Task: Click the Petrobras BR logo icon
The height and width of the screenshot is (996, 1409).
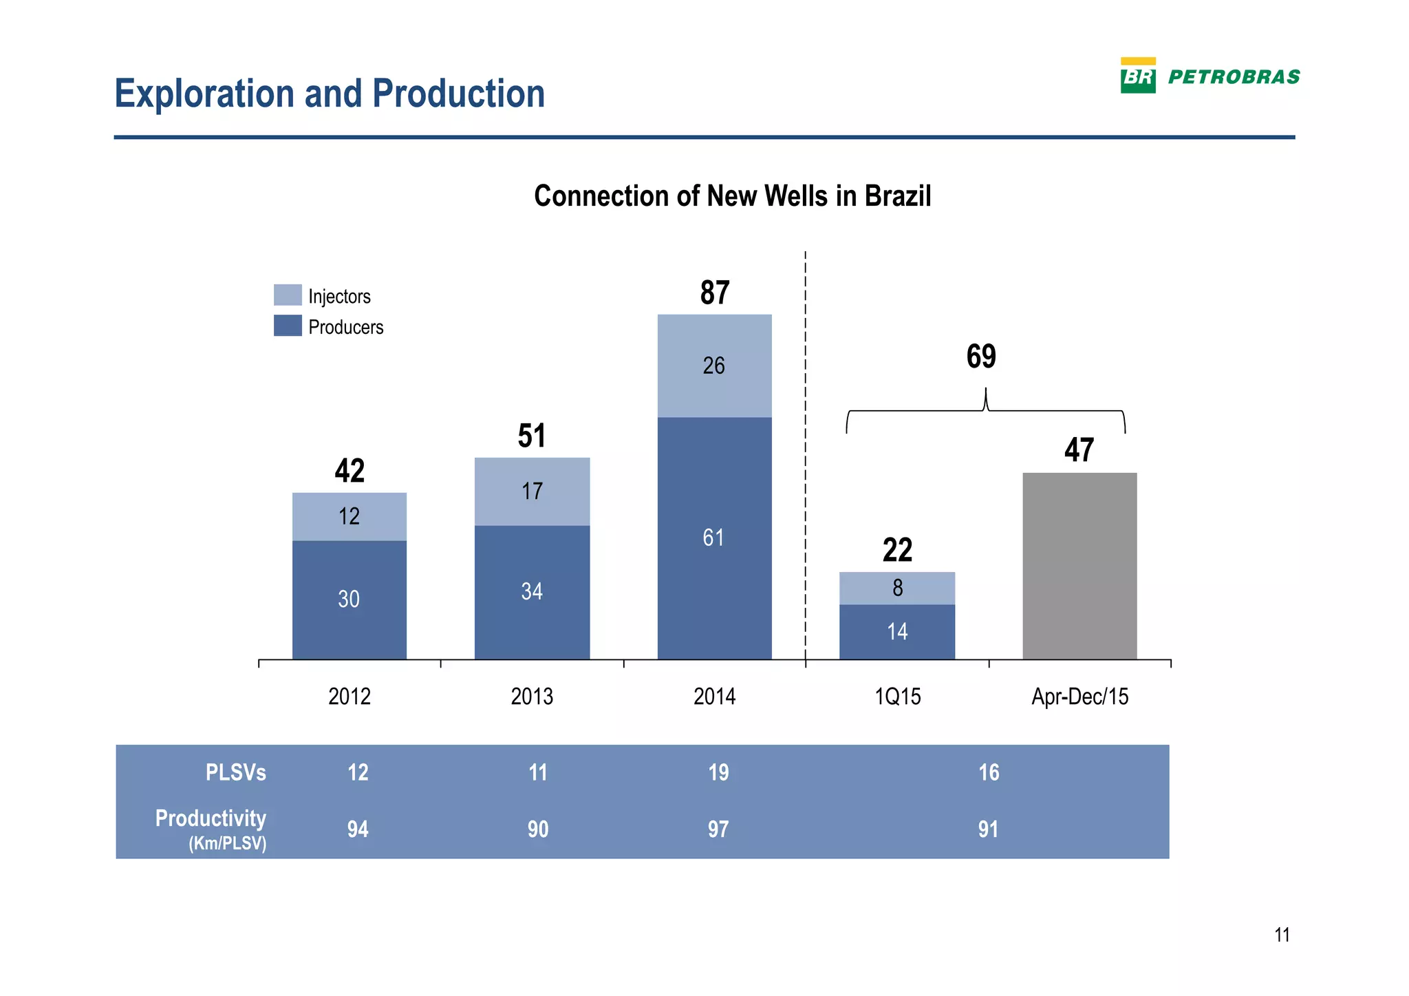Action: [x=1138, y=76]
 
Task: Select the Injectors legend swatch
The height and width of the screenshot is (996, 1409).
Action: [x=288, y=295]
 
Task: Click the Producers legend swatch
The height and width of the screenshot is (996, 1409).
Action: [x=288, y=326]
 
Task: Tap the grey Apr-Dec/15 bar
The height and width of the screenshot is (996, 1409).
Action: [x=1079, y=566]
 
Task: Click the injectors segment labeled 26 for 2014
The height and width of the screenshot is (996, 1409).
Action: [x=714, y=365]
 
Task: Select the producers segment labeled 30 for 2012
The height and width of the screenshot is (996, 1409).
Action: [x=349, y=600]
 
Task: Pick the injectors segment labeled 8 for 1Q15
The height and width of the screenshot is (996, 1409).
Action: [x=897, y=588]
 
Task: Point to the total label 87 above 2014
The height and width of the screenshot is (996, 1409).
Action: [x=715, y=293]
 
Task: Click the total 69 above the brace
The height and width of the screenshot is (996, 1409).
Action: [x=981, y=357]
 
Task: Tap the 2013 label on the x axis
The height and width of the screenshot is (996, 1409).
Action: [x=532, y=697]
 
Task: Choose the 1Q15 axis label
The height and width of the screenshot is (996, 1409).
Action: [x=897, y=697]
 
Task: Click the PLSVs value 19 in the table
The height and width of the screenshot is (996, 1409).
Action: [x=718, y=772]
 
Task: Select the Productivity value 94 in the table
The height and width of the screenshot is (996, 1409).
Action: [x=358, y=829]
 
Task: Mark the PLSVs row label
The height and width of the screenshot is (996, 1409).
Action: [x=235, y=772]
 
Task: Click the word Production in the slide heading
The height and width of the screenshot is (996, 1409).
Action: [x=458, y=94]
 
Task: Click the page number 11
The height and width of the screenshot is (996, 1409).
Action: [x=1282, y=935]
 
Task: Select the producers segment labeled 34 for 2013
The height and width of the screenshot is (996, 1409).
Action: [x=532, y=592]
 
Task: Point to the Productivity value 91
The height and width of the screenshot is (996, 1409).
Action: [x=988, y=829]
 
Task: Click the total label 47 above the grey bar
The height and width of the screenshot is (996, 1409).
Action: [x=1079, y=450]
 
